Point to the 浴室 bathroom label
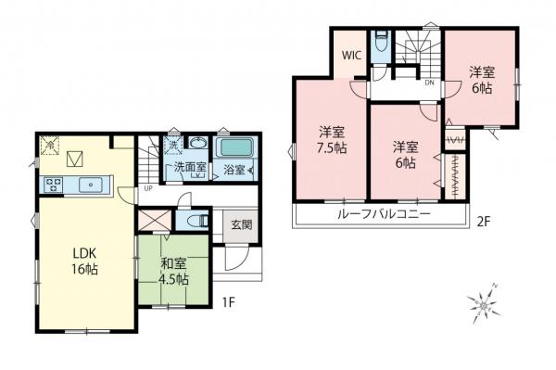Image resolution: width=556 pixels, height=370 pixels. tap(233, 170)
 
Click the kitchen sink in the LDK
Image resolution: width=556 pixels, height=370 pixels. tap(89, 184)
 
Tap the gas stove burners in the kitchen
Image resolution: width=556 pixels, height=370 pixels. tap(51, 184)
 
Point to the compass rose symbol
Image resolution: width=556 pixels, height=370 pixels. tap(486, 303)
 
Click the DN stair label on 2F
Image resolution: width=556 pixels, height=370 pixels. tap(429, 82)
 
